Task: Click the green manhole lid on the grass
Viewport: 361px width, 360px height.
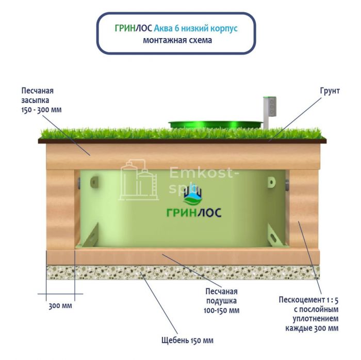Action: (215, 124)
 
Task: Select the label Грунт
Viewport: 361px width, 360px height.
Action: (330, 91)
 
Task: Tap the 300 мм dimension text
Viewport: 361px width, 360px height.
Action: (60, 306)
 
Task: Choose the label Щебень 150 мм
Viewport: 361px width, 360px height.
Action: (187, 340)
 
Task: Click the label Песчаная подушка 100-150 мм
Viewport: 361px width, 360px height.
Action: (221, 300)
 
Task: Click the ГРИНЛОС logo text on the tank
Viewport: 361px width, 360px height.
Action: (194, 213)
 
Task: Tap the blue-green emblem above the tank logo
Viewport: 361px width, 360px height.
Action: (194, 195)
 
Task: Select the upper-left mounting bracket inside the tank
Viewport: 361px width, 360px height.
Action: (94, 182)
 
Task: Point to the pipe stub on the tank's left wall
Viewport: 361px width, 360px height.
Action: (78, 182)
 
